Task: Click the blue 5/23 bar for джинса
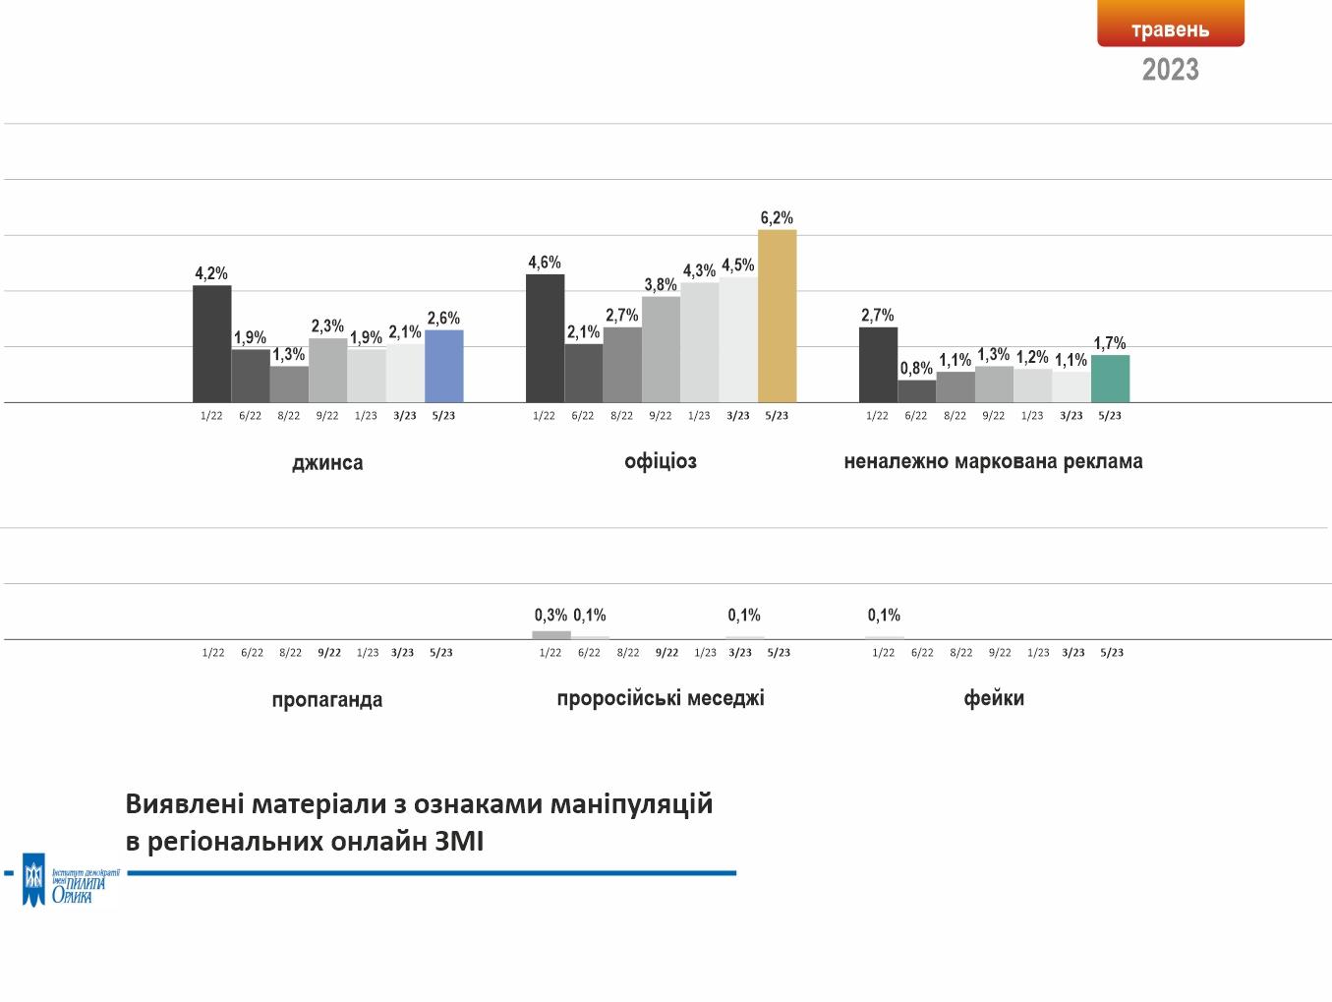443,366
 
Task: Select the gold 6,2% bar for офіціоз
777,316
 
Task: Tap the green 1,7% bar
1110,379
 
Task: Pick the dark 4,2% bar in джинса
211,343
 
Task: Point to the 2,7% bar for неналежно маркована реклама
878,364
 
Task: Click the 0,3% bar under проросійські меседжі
550,635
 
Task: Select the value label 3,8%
661,285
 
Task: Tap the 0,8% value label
916,369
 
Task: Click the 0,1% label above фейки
884,616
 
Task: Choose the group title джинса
327,462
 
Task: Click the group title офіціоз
661,461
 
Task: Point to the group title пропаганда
327,699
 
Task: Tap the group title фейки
994,698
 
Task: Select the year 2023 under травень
1170,70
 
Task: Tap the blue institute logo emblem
34,879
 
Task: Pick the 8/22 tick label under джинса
289,416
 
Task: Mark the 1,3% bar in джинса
289,383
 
